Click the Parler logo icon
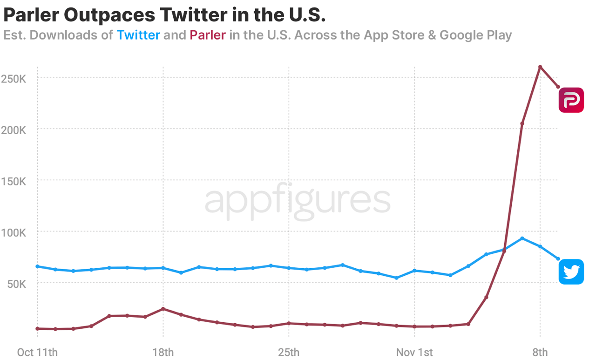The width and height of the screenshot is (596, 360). click(x=571, y=100)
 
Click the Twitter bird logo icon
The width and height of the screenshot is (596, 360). click(x=571, y=272)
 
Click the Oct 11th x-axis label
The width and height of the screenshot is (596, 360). click(x=37, y=352)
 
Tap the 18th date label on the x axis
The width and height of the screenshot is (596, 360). click(x=163, y=352)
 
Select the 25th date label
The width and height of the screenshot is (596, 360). click(x=289, y=352)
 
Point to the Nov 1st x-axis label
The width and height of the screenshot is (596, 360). click(x=414, y=352)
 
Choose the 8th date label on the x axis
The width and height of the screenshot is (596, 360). click(x=540, y=352)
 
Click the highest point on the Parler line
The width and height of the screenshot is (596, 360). click(x=540, y=67)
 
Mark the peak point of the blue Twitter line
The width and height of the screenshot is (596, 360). click(x=522, y=238)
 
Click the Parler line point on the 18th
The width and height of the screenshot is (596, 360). click(x=163, y=309)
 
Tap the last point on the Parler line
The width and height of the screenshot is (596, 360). click(x=558, y=87)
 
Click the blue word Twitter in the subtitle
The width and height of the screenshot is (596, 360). click(x=138, y=35)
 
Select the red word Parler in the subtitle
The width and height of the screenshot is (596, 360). click(x=208, y=35)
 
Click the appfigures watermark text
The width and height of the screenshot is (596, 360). click(x=298, y=201)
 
